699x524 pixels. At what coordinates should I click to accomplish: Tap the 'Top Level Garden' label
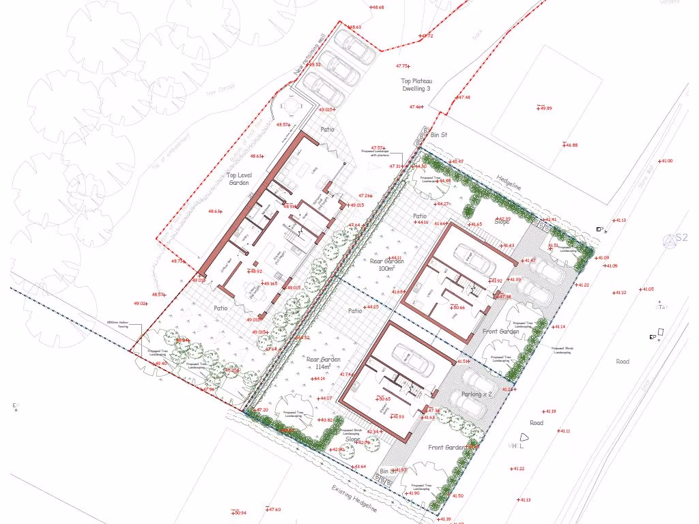(238, 179)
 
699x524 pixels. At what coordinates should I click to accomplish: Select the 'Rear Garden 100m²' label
(386, 265)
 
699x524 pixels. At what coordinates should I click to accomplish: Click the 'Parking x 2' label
(475, 375)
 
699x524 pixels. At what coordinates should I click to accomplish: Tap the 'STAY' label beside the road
(660, 307)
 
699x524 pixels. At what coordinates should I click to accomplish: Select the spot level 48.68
(377, 8)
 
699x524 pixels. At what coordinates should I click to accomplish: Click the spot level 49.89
(545, 108)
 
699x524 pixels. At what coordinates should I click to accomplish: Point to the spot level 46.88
(570, 145)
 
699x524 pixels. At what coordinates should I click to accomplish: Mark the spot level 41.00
(666, 161)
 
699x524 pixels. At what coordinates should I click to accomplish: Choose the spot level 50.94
(239, 512)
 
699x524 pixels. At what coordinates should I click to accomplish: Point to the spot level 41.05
(646, 289)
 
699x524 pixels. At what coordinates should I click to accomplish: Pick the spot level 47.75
(402, 66)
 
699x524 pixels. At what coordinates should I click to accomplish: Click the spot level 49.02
(140, 303)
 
